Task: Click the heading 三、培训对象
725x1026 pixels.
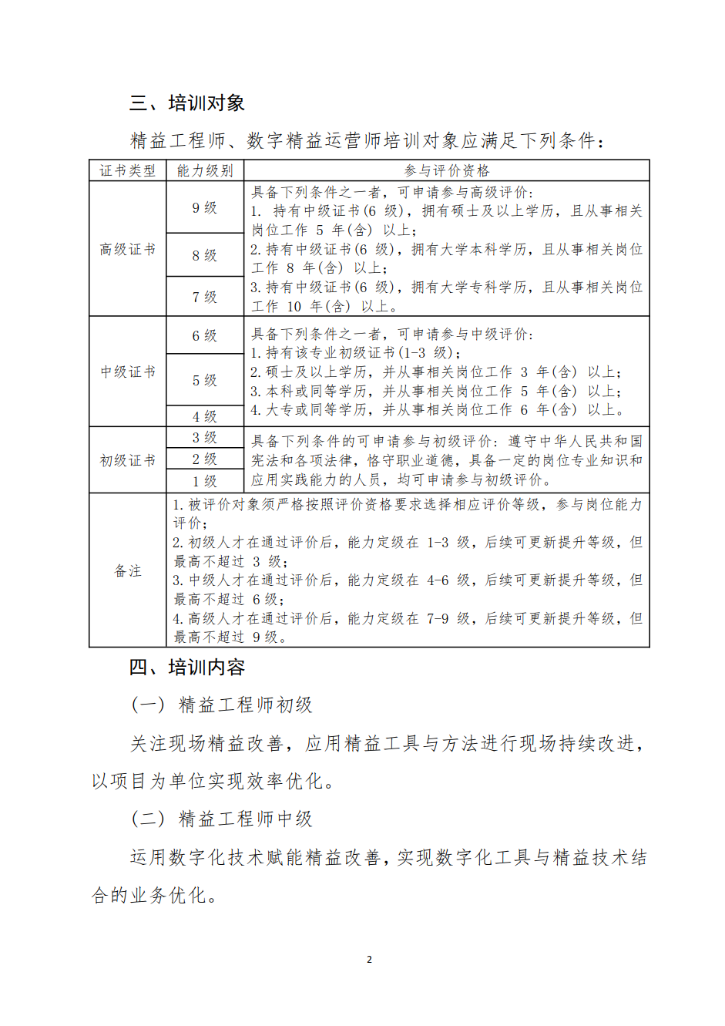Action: point(187,103)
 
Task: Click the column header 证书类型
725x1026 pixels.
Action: point(128,170)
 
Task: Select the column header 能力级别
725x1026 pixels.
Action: point(205,170)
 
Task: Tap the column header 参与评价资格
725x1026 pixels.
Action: point(447,170)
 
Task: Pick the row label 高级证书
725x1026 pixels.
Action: point(128,249)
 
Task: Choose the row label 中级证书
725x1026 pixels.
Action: point(128,372)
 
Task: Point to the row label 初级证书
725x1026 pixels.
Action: point(128,460)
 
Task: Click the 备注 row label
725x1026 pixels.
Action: point(128,570)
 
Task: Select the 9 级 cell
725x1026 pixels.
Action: point(205,207)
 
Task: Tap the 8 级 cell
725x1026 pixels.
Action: point(205,255)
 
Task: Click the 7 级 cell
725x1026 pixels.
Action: point(205,297)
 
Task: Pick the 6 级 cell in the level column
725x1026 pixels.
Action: point(205,335)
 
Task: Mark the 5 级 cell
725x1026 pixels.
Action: point(205,380)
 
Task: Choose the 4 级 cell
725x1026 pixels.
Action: point(205,416)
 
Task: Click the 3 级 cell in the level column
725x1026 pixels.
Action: point(205,437)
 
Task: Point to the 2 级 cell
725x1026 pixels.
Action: point(205,459)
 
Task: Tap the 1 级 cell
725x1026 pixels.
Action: point(205,481)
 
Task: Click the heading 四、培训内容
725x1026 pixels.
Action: point(187,667)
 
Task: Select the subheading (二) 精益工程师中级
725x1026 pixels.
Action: point(222,819)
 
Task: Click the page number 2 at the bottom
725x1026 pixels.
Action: point(369,960)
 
